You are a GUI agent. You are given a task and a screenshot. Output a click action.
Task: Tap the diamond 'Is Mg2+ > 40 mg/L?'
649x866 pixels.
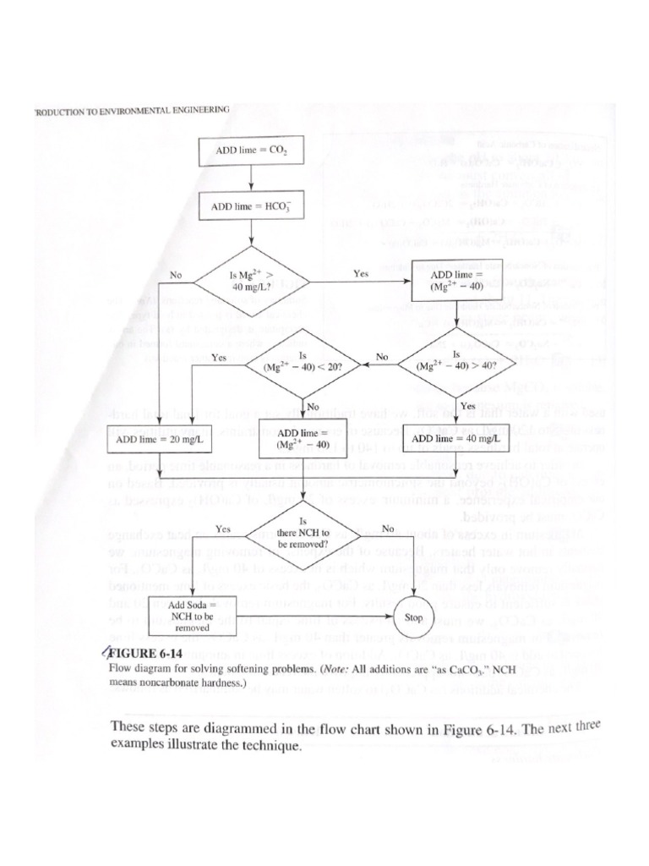253,279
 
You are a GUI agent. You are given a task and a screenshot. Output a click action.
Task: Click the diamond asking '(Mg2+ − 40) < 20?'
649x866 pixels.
301,364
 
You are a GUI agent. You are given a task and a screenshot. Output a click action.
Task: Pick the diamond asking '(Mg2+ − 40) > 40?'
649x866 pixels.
456,364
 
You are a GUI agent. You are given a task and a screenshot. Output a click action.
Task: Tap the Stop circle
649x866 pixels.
414,617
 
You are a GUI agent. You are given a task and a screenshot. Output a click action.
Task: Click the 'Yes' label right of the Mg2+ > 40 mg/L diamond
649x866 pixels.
361,274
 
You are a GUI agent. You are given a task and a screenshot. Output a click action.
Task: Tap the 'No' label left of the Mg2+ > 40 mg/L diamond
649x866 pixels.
177,274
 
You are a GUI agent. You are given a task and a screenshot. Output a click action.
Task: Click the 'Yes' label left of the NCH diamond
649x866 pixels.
223,529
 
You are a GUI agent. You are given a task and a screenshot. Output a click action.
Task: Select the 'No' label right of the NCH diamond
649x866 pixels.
388,529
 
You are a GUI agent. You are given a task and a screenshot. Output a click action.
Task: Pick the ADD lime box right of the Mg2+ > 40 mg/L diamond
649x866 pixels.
456,281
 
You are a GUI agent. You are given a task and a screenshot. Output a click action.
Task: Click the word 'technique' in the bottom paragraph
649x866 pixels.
270,747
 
